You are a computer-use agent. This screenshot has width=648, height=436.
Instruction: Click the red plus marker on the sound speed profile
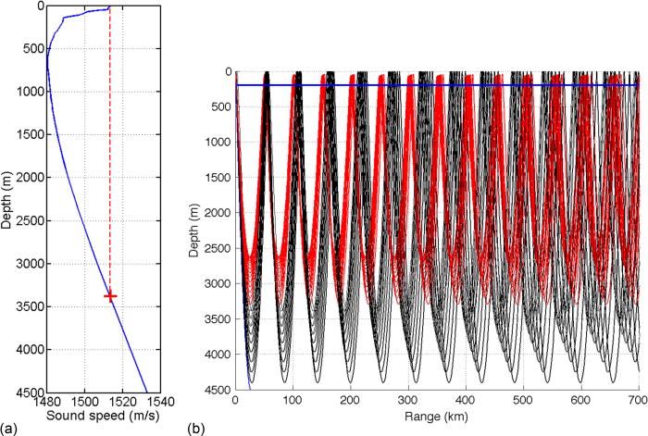pyautogui.click(x=110, y=296)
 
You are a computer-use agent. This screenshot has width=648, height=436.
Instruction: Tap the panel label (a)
pyautogui.click(x=9, y=429)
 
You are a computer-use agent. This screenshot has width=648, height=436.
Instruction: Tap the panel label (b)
pyautogui.click(x=197, y=429)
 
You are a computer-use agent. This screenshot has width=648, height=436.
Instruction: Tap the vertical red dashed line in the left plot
pyautogui.click(x=110, y=167)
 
